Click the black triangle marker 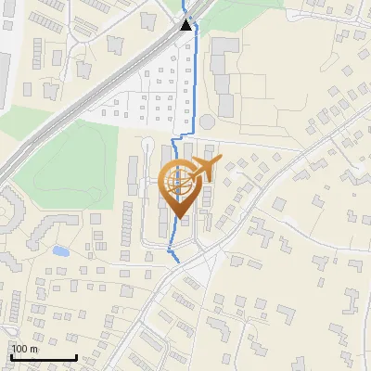(x=187, y=24)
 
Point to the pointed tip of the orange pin (x=178, y=218)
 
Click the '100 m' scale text (x=24, y=349)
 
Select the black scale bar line (x=43, y=358)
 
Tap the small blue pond (x=60, y=250)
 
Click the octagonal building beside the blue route (x=206, y=122)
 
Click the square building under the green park (x=96, y=219)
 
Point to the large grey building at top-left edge (x=4, y=74)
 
